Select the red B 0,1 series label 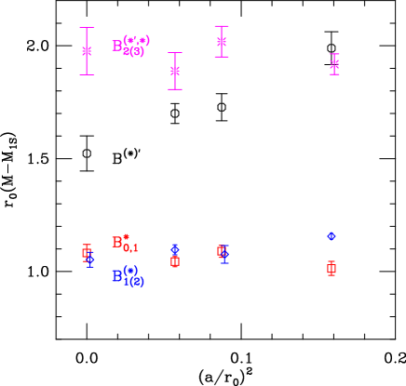125,243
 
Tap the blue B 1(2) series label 128,276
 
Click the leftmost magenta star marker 87,51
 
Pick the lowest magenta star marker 175,71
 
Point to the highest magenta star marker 222,41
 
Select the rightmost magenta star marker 334,64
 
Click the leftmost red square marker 86,252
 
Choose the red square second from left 175,261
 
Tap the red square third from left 222,250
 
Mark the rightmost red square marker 332,269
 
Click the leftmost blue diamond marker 90,261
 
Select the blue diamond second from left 175,249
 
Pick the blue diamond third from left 223,254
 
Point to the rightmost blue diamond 332,236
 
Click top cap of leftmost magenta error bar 87,28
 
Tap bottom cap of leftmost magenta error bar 87,74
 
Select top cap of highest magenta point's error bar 222,26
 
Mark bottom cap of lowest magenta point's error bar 175,89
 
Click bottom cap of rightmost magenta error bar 334,74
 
